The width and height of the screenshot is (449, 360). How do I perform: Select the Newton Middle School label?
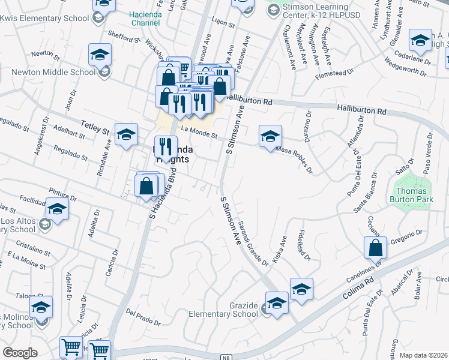54,73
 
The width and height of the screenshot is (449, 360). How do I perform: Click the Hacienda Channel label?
144,18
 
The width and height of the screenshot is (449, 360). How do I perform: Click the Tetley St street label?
95,130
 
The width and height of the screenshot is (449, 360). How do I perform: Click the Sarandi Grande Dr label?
251,241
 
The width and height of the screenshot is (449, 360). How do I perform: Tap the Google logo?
20,352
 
